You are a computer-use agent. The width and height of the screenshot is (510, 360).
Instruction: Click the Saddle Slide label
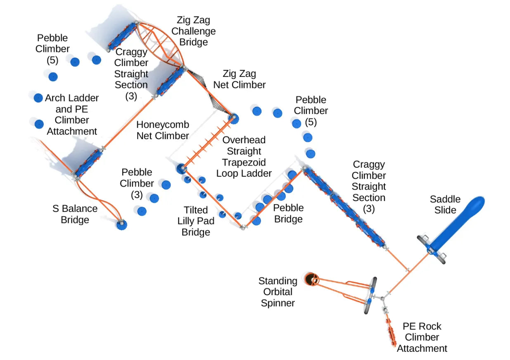coord(445,204)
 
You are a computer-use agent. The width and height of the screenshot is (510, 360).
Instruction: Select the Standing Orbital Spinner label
coord(278,292)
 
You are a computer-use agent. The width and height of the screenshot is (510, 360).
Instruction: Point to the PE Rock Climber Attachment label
coord(422,337)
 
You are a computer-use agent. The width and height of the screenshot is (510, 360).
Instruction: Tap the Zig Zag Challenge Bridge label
coord(193,31)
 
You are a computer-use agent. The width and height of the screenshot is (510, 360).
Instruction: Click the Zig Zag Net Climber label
coord(239,79)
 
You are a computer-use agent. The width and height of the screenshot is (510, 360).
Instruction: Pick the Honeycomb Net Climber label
coord(163,130)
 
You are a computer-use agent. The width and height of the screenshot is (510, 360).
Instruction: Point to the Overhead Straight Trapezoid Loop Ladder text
coord(244,156)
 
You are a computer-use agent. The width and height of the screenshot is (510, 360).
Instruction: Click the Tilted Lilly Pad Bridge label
coord(196,221)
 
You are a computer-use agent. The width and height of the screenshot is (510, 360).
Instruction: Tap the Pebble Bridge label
coord(288,213)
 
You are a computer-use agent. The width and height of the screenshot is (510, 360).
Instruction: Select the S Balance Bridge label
coord(75,214)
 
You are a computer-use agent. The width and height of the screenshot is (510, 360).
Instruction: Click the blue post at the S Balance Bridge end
coord(121,225)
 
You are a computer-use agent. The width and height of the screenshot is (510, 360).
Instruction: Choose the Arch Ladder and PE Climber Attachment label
coord(71,114)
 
